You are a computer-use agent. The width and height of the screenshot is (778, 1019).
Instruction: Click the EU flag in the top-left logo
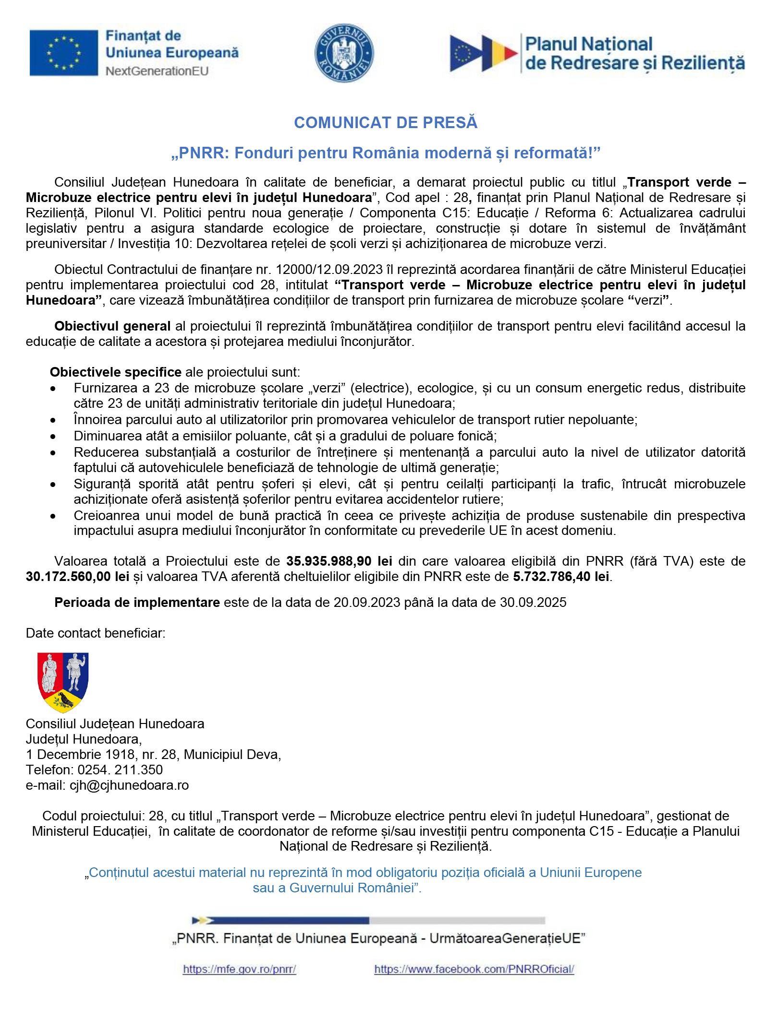(x=63, y=52)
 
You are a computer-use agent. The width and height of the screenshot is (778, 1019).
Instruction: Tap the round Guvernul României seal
(x=344, y=53)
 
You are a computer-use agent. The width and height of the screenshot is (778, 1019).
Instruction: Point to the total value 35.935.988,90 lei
(x=340, y=561)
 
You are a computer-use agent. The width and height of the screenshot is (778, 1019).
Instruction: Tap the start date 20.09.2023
(x=367, y=603)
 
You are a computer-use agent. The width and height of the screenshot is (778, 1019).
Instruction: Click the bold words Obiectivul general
(x=112, y=326)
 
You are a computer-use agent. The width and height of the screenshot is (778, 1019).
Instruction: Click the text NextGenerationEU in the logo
(x=157, y=71)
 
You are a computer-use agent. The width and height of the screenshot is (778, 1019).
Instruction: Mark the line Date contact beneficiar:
(x=96, y=633)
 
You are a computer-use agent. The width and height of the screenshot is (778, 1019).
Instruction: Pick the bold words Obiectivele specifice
(x=115, y=372)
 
